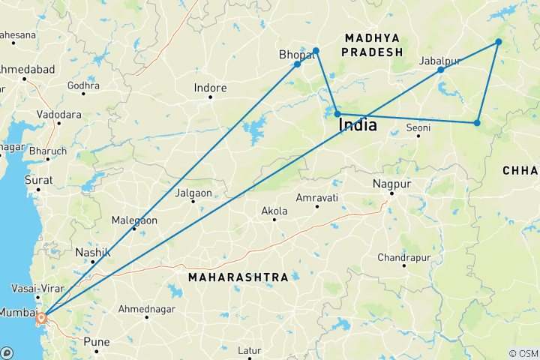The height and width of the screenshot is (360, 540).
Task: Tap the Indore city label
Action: point(210,88)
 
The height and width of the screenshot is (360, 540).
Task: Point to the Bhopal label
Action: point(295,55)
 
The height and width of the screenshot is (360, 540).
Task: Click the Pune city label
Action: point(97,342)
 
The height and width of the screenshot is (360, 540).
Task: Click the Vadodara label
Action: point(58,115)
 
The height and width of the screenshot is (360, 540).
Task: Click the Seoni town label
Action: point(419,128)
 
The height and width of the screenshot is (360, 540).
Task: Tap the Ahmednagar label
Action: point(147,307)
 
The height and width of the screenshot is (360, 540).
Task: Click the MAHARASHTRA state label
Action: point(238,277)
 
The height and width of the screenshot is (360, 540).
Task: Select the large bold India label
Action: point(358,125)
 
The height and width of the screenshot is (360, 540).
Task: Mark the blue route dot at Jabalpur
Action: point(441,70)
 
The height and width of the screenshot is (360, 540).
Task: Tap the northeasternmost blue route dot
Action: point(499,41)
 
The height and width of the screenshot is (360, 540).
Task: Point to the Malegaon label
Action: point(134,220)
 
